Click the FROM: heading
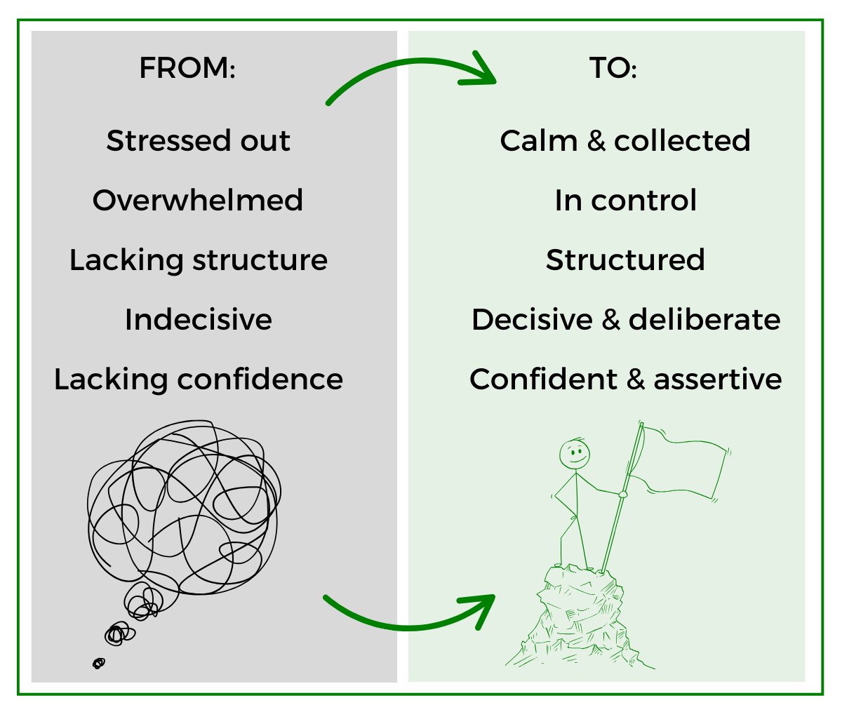(187, 69)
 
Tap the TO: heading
(613, 69)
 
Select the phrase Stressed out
(198, 140)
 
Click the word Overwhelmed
(198, 201)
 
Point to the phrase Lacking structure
(198, 260)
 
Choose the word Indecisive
(198, 320)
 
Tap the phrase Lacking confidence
(198, 379)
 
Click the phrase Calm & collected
(624, 140)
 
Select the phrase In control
(624, 201)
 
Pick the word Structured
(624, 260)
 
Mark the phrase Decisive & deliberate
(624, 320)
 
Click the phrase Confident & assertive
(624, 379)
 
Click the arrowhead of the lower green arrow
(483, 607)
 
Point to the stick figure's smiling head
(575, 455)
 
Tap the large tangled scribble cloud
(184, 505)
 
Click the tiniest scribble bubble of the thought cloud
(99, 662)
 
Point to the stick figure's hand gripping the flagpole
(622, 494)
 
